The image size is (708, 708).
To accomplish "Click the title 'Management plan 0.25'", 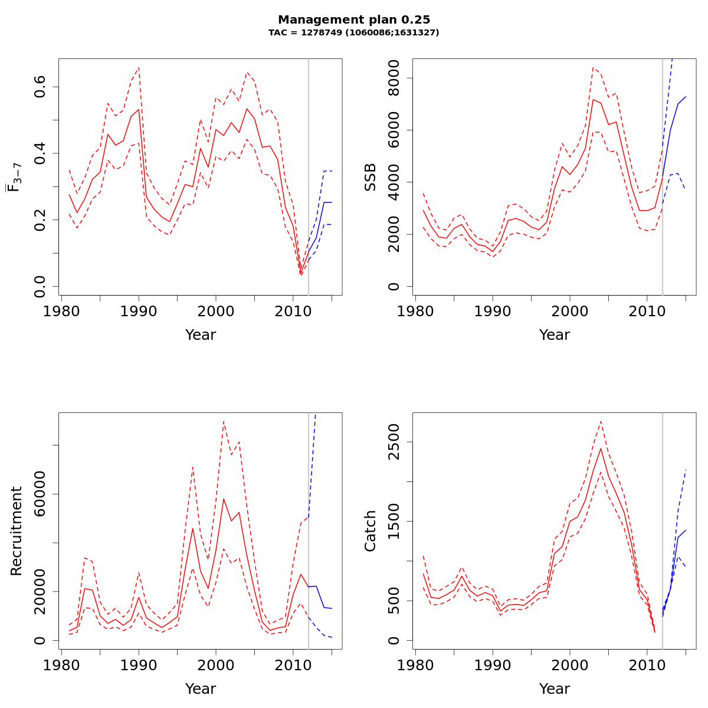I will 354,20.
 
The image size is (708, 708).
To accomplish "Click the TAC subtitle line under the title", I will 354,33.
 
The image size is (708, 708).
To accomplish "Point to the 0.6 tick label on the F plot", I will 40,87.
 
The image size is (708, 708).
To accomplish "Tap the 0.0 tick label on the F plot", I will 40,286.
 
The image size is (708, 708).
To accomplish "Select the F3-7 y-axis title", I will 15,177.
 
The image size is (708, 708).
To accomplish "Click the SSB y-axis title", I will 371,177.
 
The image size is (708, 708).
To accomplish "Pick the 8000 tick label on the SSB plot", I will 394,78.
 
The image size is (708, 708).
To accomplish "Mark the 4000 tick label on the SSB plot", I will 394,182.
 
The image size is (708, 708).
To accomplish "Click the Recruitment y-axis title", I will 17,531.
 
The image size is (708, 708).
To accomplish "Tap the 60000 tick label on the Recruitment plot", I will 40,494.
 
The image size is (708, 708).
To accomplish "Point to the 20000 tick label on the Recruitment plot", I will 40,592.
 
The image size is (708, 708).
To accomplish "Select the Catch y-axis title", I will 371,531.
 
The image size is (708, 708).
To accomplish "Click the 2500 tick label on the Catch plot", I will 394,442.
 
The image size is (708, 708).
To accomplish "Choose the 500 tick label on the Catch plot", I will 394,601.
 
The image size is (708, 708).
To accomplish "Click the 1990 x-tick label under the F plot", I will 139,311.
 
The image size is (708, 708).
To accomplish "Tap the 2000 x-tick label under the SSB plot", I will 570,311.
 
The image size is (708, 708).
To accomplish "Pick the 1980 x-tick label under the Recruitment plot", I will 62,665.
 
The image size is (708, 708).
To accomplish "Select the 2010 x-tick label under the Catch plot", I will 647,665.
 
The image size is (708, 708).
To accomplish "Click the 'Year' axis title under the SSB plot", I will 555,335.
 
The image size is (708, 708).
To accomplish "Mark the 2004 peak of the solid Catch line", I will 601,448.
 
